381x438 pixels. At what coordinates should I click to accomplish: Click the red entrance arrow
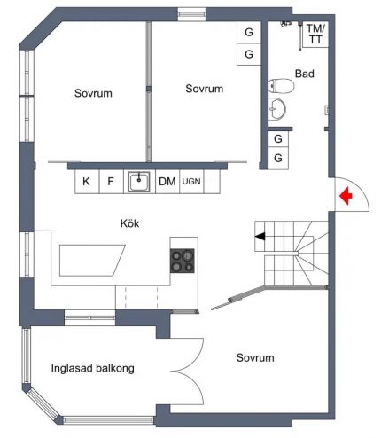(x=346, y=196)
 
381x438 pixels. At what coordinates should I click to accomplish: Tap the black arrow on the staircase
(x=260, y=237)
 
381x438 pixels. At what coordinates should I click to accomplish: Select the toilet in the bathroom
(x=281, y=86)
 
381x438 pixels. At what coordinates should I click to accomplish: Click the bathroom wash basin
(x=277, y=109)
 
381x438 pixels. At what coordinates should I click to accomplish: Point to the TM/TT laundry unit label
(x=315, y=34)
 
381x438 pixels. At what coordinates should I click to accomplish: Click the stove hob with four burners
(x=183, y=261)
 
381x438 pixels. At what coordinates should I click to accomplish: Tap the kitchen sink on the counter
(x=138, y=182)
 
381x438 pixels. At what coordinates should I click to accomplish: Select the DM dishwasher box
(x=167, y=182)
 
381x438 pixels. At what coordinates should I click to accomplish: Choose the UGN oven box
(x=191, y=182)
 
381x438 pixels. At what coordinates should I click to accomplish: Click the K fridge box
(x=87, y=182)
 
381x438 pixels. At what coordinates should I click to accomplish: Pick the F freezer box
(x=111, y=182)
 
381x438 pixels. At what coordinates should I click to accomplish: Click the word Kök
(x=129, y=223)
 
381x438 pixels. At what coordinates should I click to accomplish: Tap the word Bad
(x=305, y=74)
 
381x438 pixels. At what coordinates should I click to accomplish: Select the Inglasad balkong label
(x=93, y=368)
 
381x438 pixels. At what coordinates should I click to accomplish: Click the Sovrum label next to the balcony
(x=255, y=357)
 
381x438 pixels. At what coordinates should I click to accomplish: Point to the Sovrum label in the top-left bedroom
(x=93, y=93)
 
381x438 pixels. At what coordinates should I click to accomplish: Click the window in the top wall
(x=191, y=14)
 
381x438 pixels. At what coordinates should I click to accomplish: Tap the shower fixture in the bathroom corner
(x=286, y=23)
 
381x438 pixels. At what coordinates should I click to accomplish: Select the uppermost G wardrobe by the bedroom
(x=249, y=32)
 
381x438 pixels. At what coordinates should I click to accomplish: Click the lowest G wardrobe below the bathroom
(x=278, y=158)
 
